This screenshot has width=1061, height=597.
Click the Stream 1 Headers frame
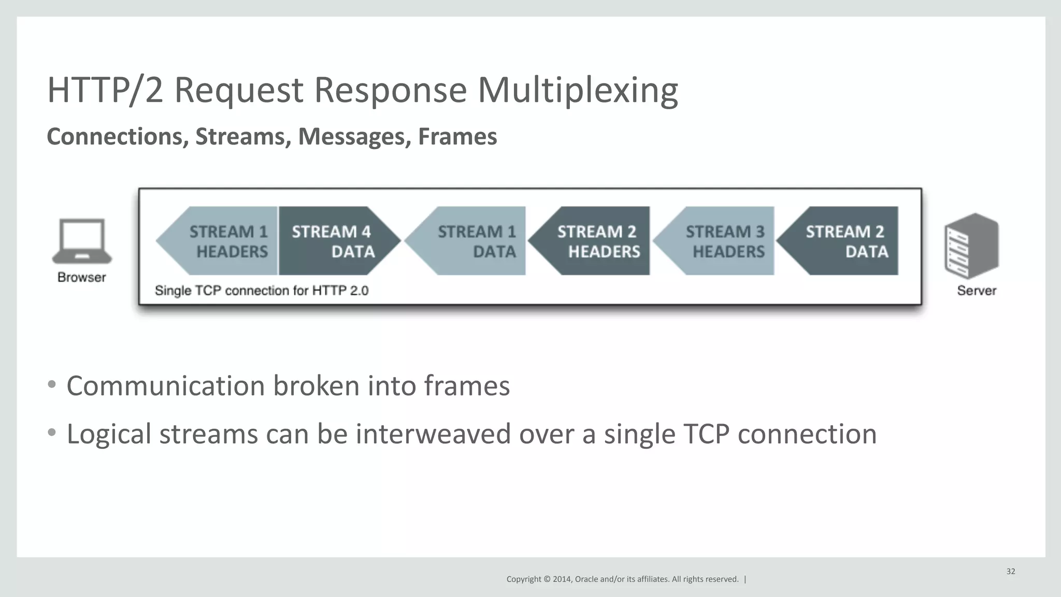click(223, 241)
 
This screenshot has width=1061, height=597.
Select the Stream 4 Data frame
click(334, 241)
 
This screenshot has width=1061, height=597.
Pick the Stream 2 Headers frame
click(596, 241)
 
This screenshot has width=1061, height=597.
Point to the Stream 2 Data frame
click(844, 241)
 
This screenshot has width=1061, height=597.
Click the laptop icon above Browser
click(82, 241)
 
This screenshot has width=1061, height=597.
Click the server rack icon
click(971, 246)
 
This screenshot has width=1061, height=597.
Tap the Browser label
click(82, 278)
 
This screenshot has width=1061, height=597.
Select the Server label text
click(977, 291)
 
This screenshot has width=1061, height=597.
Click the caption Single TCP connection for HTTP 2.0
click(262, 291)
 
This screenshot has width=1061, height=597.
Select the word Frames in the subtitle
click(457, 137)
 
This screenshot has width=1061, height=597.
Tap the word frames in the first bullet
click(467, 386)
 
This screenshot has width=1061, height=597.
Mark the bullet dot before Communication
click(51, 385)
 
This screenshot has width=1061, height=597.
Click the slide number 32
click(1011, 572)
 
